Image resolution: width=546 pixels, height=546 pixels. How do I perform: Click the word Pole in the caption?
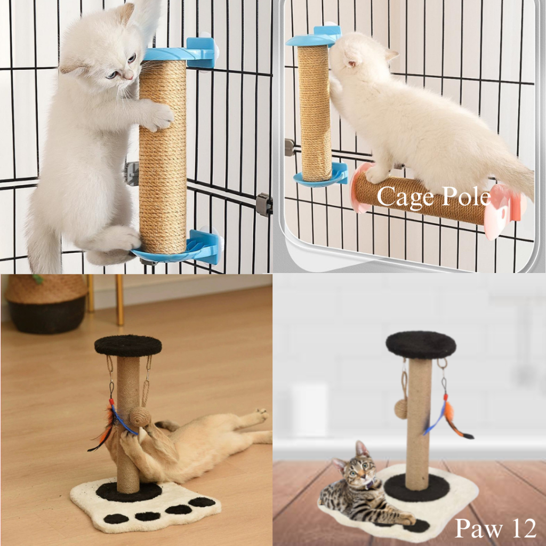466,196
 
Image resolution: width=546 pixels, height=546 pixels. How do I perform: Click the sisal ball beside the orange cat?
140,417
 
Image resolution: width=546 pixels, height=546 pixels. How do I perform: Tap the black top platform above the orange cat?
128,345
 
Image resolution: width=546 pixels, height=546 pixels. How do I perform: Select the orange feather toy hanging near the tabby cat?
449,418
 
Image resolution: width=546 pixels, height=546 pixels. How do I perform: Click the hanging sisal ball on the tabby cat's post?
401,409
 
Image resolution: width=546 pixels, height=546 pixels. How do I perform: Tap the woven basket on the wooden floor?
46,303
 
